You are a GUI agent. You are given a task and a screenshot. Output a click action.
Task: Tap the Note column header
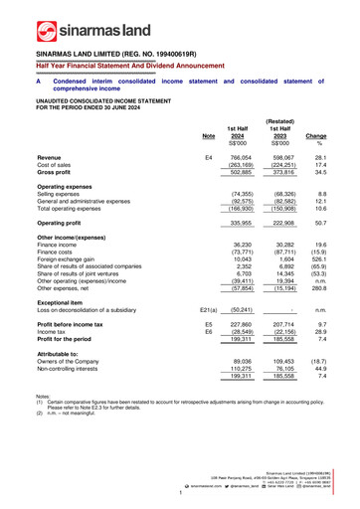click(x=208, y=135)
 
